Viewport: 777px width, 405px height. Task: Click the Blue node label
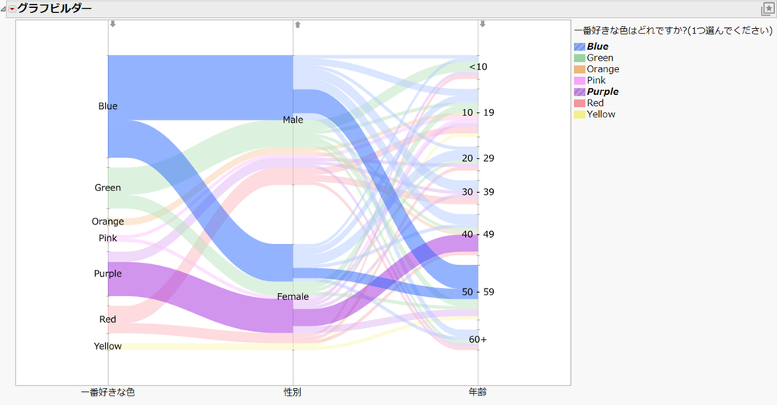click(x=108, y=106)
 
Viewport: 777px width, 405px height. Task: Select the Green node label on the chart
click(x=107, y=188)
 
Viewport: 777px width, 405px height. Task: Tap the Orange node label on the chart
click(x=107, y=222)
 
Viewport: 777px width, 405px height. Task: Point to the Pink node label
click(x=107, y=238)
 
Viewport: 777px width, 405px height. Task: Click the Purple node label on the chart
click(x=107, y=274)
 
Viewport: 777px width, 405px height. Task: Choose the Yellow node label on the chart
click(x=107, y=347)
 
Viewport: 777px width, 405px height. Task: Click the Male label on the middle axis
click(x=293, y=120)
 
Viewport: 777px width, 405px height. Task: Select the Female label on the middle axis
click(x=293, y=297)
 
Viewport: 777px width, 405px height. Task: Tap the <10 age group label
click(x=478, y=67)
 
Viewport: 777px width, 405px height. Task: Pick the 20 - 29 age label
click(x=478, y=159)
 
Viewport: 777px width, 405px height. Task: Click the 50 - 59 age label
click(x=478, y=292)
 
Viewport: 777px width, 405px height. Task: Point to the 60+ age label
click(x=478, y=340)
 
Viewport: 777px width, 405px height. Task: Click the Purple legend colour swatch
click(x=579, y=92)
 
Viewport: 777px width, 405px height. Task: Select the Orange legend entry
click(x=603, y=69)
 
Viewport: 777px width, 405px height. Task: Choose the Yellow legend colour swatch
click(x=579, y=114)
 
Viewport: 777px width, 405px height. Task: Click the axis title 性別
click(x=293, y=393)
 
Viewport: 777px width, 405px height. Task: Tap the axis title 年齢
click(x=478, y=393)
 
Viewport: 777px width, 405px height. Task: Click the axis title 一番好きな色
click(x=108, y=393)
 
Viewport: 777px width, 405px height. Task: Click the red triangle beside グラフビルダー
click(x=12, y=9)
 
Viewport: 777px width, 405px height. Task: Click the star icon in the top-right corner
click(x=768, y=9)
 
